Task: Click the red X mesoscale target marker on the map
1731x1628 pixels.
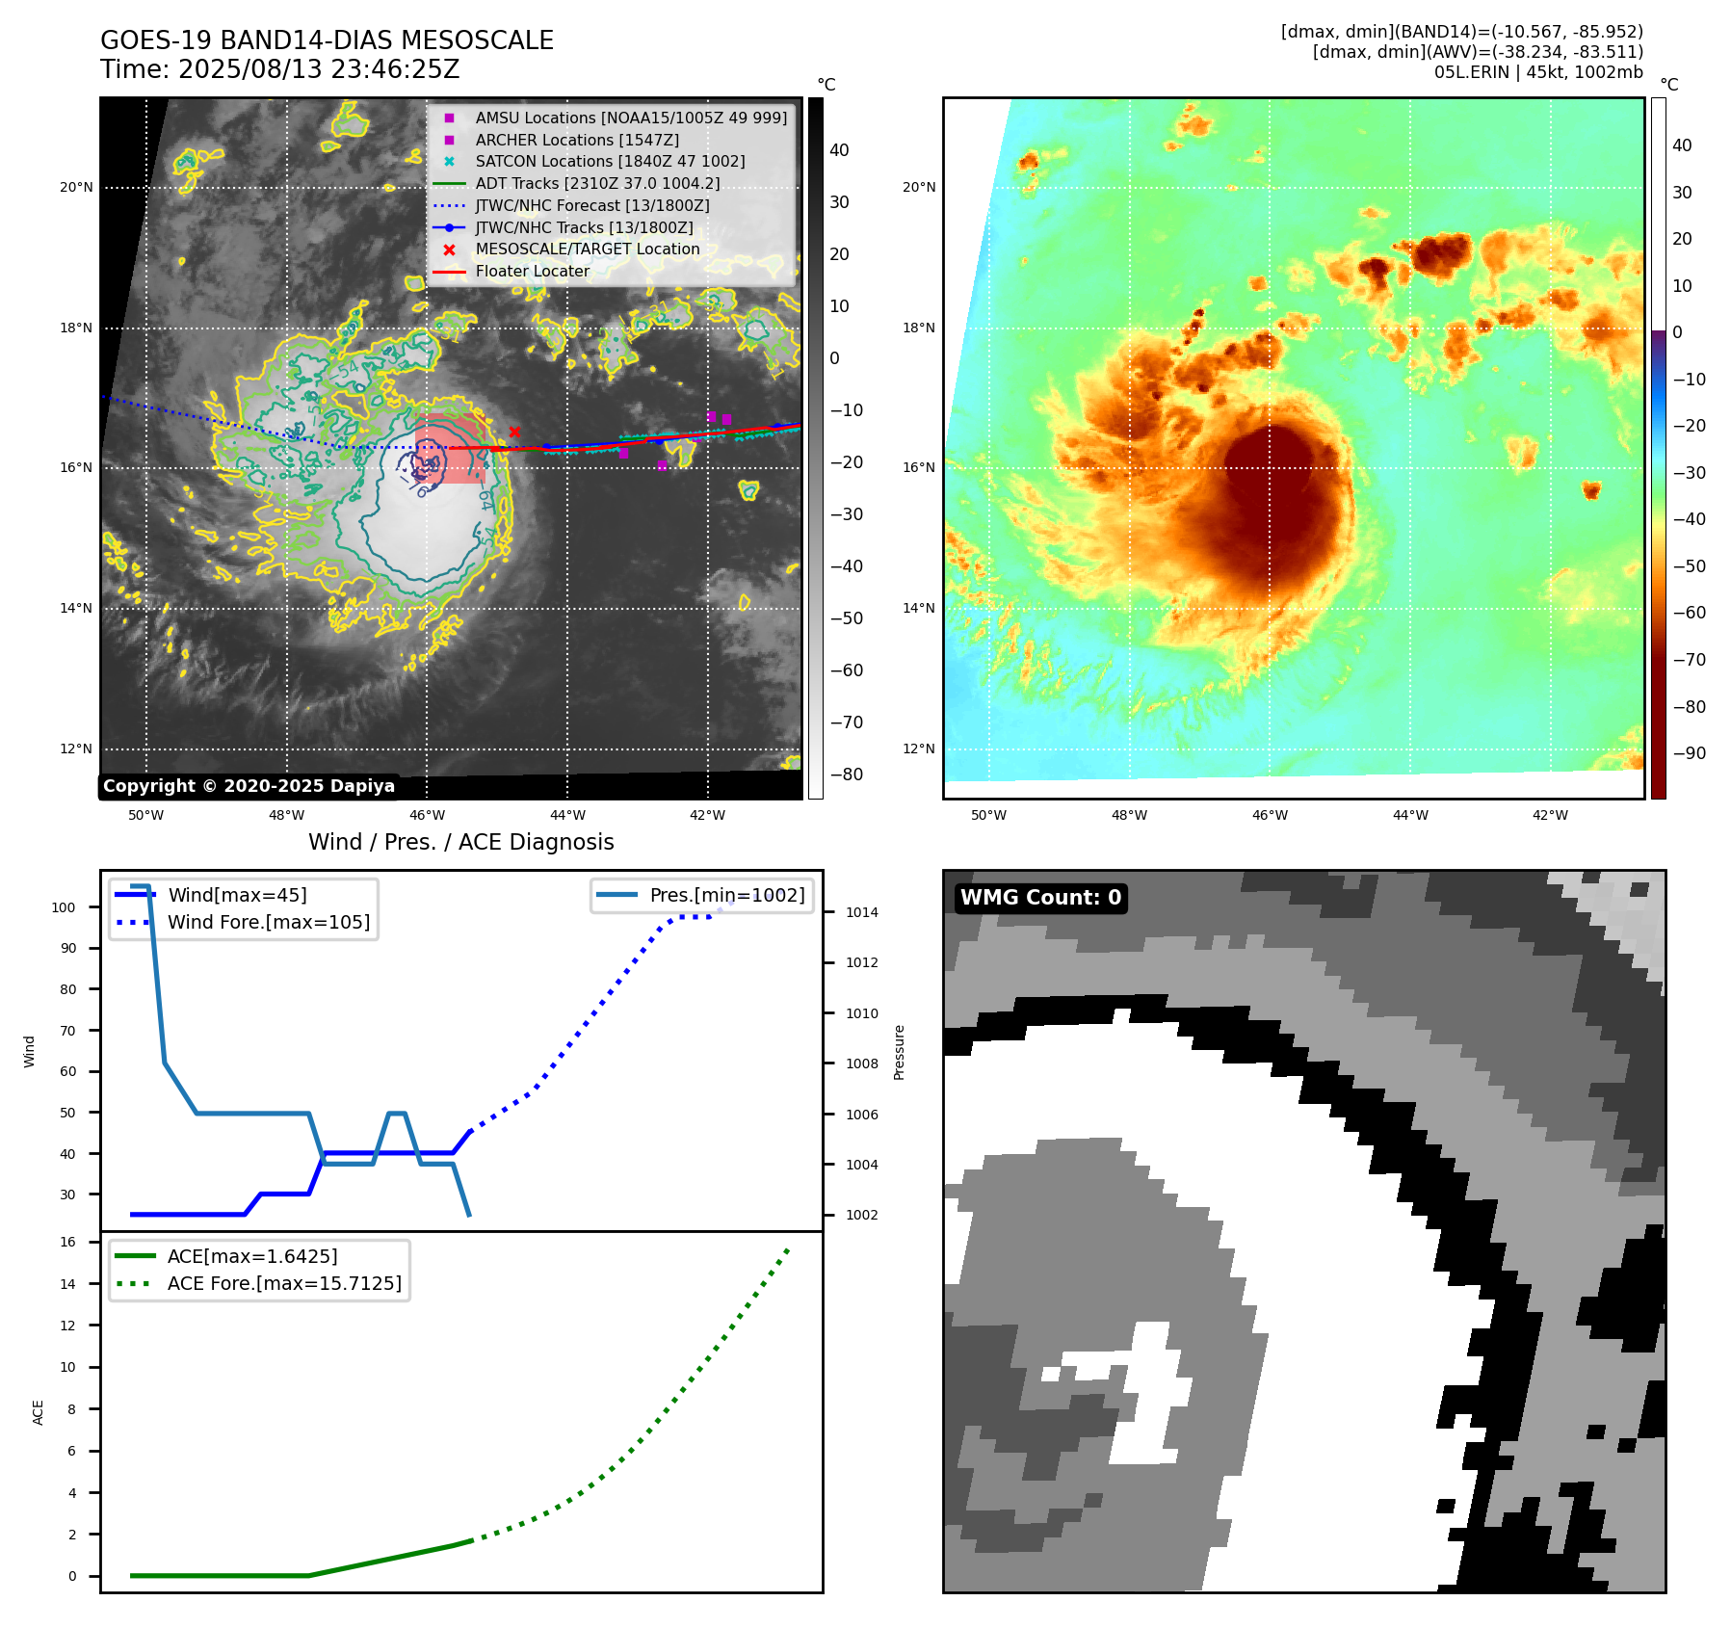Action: click(x=514, y=432)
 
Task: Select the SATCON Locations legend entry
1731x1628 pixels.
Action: click(x=610, y=162)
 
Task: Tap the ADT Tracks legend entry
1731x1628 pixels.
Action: click(x=597, y=183)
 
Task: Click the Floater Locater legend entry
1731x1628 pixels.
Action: click(x=532, y=272)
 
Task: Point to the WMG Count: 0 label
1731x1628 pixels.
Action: click(x=1040, y=898)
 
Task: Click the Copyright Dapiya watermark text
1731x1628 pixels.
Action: click(x=249, y=786)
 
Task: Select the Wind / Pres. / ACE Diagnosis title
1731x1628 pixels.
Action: click(x=460, y=842)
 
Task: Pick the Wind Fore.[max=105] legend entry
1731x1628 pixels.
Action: click(x=268, y=922)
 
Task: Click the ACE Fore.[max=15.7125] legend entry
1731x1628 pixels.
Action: click(x=284, y=1283)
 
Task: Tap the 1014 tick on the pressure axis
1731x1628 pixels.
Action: click(x=861, y=912)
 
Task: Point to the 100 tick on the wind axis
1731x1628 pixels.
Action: click(x=64, y=907)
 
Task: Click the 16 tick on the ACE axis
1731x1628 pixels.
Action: click(x=68, y=1242)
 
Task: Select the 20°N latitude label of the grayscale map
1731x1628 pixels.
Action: click(x=76, y=188)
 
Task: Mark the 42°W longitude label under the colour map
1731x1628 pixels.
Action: click(x=1550, y=815)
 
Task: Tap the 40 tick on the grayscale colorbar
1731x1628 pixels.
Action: click(x=839, y=150)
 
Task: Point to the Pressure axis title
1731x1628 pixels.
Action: click(x=899, y=1052)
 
